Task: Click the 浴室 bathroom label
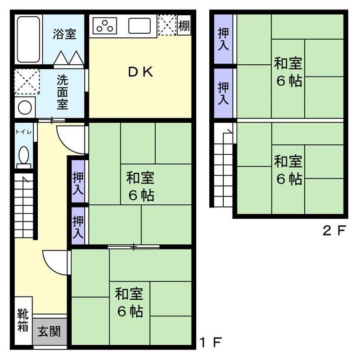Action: point(64,34)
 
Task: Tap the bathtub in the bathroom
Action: point(28,39)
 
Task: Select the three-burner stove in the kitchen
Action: point(105,26)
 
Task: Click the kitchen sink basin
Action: point(139,26)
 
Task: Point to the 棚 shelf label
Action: point(184,25)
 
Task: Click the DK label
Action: point(140,72)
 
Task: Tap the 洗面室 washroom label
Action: point(63,92)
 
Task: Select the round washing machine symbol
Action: point(25,108)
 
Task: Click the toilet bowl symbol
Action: point(24,155)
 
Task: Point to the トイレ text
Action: point(23,132)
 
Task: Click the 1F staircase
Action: point(24,206)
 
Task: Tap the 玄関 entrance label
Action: point(49,332)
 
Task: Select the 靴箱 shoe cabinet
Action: point(23,320)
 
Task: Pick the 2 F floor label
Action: point(334,230)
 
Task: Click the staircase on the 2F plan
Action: point(223,165)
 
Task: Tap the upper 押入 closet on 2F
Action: point(223,39)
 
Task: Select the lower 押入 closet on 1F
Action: point(78,226)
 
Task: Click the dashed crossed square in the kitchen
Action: point(167,25)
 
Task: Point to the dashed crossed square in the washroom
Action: point(27,81)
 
